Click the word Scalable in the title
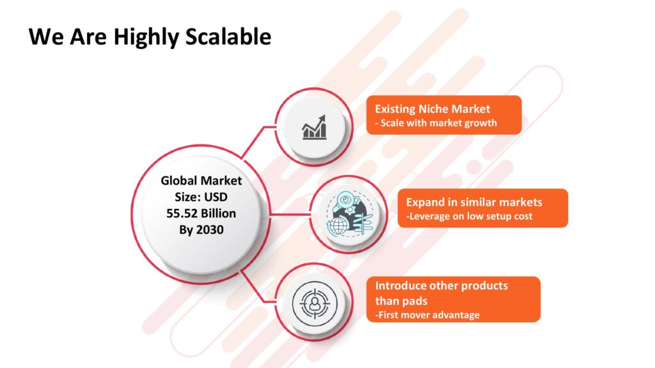(228, 36)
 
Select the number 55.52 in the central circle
(182, 213)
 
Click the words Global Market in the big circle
(201, 180)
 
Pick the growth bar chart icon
(314, 127)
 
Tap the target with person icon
(314, 303)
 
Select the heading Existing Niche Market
(432, 109)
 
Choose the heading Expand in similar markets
(474, 203)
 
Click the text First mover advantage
(429, 315)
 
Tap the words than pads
(401, 300)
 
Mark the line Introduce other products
(441, 286)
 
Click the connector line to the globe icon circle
(290, 215)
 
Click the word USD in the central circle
(216, 197)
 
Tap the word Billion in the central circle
(219, 213)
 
